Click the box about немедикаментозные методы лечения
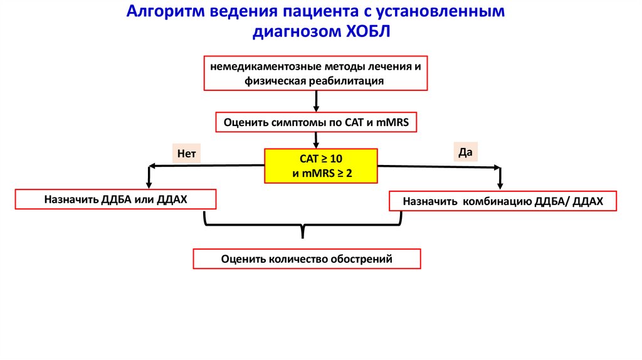tap(315, 73)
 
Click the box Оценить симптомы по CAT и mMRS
tap(315, 123)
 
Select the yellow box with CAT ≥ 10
tap(322, 166)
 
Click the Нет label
tap(187, 153)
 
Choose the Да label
tap(465, 151)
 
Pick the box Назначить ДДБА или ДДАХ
tap(116, 199)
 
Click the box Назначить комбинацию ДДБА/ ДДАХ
tap(503, 201)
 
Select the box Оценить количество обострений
tap(307, 259)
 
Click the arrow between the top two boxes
tap(316, 100)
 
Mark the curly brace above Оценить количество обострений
tap(303, 226)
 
